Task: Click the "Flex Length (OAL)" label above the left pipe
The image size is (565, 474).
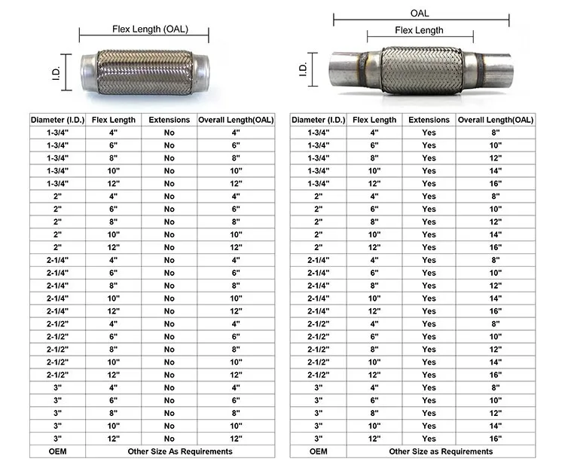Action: click(x=150, y=29)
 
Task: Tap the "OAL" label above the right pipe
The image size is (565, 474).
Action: click(x=419, y=14)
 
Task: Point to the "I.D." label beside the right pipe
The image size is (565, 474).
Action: click(x=303, y=69)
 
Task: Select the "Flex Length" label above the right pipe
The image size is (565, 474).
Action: click(x=419, y=30)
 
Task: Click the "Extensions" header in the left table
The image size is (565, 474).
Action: click(x=169, y=120)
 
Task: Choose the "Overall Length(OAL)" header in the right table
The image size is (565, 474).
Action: click(x=496, y=120)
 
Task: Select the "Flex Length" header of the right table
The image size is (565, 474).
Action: click(x=374, y=120)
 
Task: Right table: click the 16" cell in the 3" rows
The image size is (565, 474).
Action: click(x=496, y=438)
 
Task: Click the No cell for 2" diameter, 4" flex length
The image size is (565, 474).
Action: click(x=169, y=197)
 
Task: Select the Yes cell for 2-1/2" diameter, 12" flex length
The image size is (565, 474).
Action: click(x=429, y=375)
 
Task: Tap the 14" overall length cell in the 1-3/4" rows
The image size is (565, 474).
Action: click(x=496, y=171)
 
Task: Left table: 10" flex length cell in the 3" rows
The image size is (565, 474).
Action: click(x=114, y=426)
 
